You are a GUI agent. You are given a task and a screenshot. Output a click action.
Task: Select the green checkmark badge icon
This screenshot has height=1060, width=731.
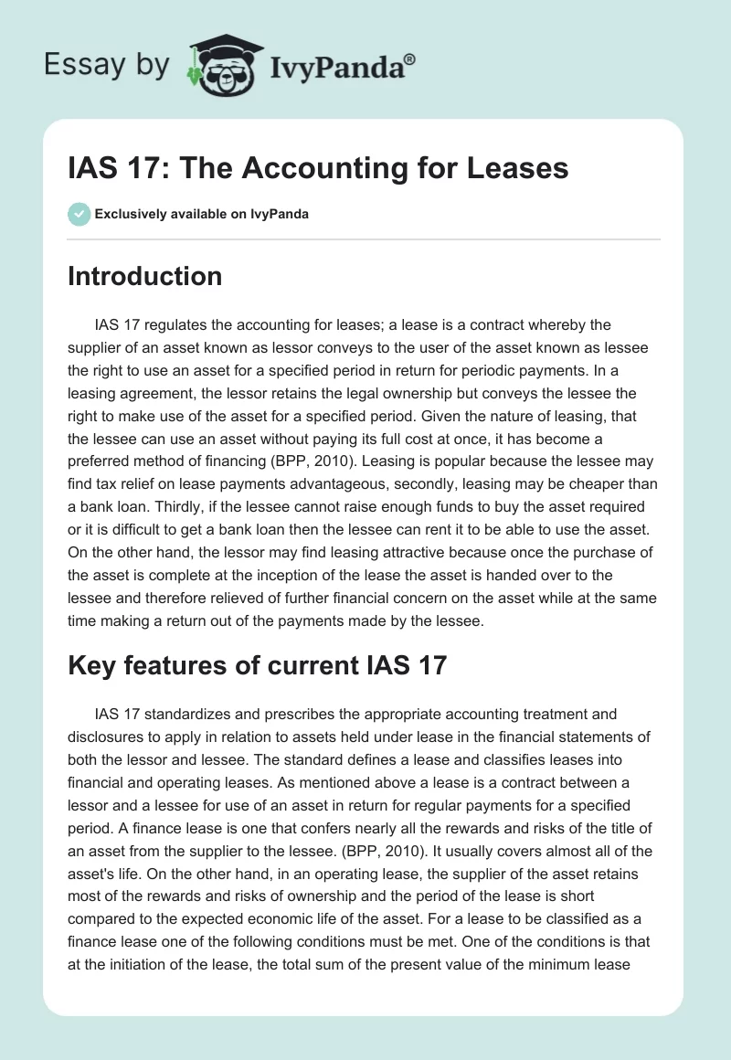click(79, 214)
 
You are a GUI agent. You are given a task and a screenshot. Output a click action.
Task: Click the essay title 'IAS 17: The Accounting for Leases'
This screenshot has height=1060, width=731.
click(318, 167)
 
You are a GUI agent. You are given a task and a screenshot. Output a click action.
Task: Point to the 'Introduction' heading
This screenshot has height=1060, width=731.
click(144, 276)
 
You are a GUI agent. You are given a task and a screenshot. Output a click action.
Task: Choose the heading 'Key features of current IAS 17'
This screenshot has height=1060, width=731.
click(257, 665)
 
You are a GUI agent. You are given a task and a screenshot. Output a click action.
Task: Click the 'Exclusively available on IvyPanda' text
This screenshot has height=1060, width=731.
click(202, 214)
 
